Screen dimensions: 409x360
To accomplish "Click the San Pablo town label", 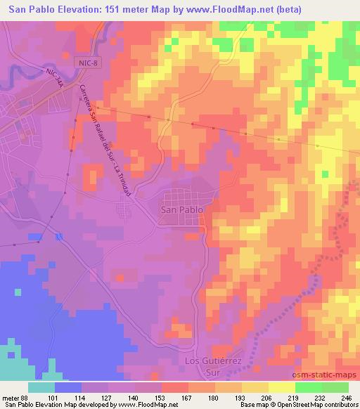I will click(182, 209).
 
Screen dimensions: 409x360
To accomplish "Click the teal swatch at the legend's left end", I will click(41, 387).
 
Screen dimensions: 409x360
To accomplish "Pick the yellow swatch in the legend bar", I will click(281, 387).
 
